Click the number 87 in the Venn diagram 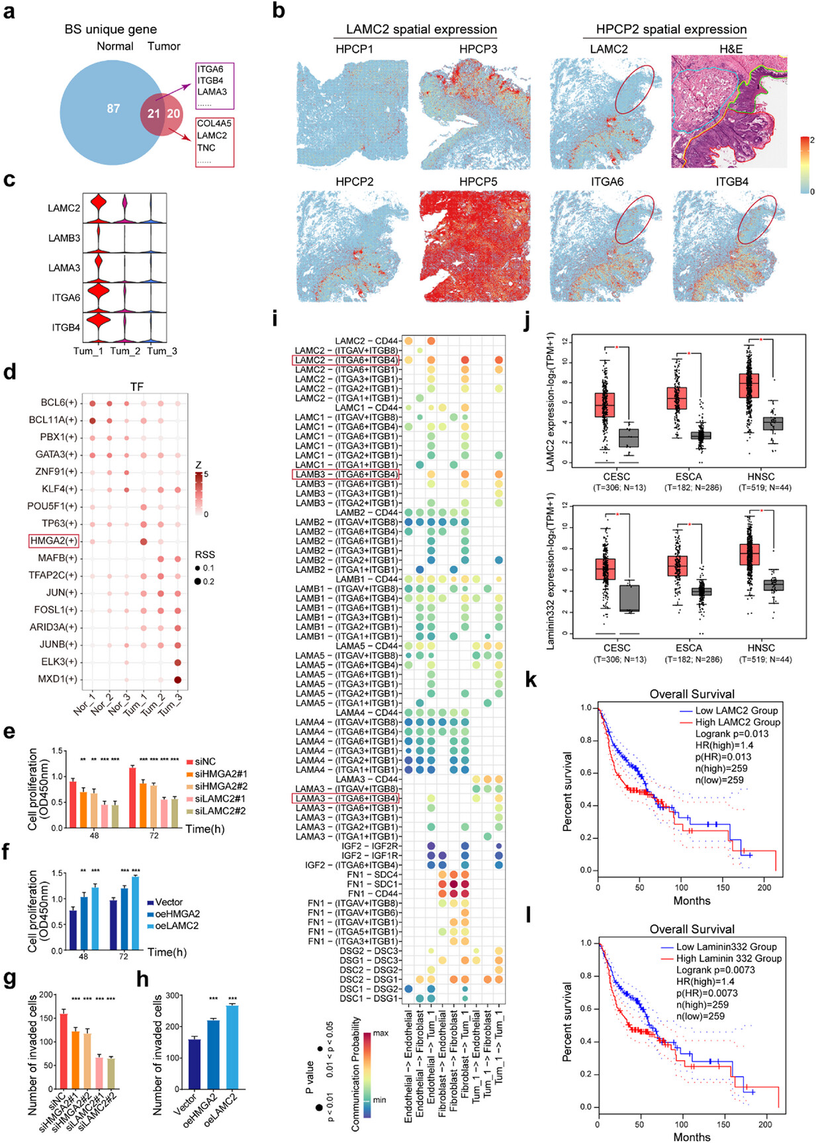click(113, 108)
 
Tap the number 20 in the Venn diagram click(173, 113)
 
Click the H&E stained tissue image click(729, 111)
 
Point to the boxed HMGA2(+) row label click(54, 541)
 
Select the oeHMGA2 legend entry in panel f click(177, 914)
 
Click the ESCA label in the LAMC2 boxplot click(688, 477)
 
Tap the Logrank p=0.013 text click(723, 734)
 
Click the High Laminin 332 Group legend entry click(729, 958)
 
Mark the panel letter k click(530, 681)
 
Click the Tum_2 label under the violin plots click(125, 351)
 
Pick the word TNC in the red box click(206, 148)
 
